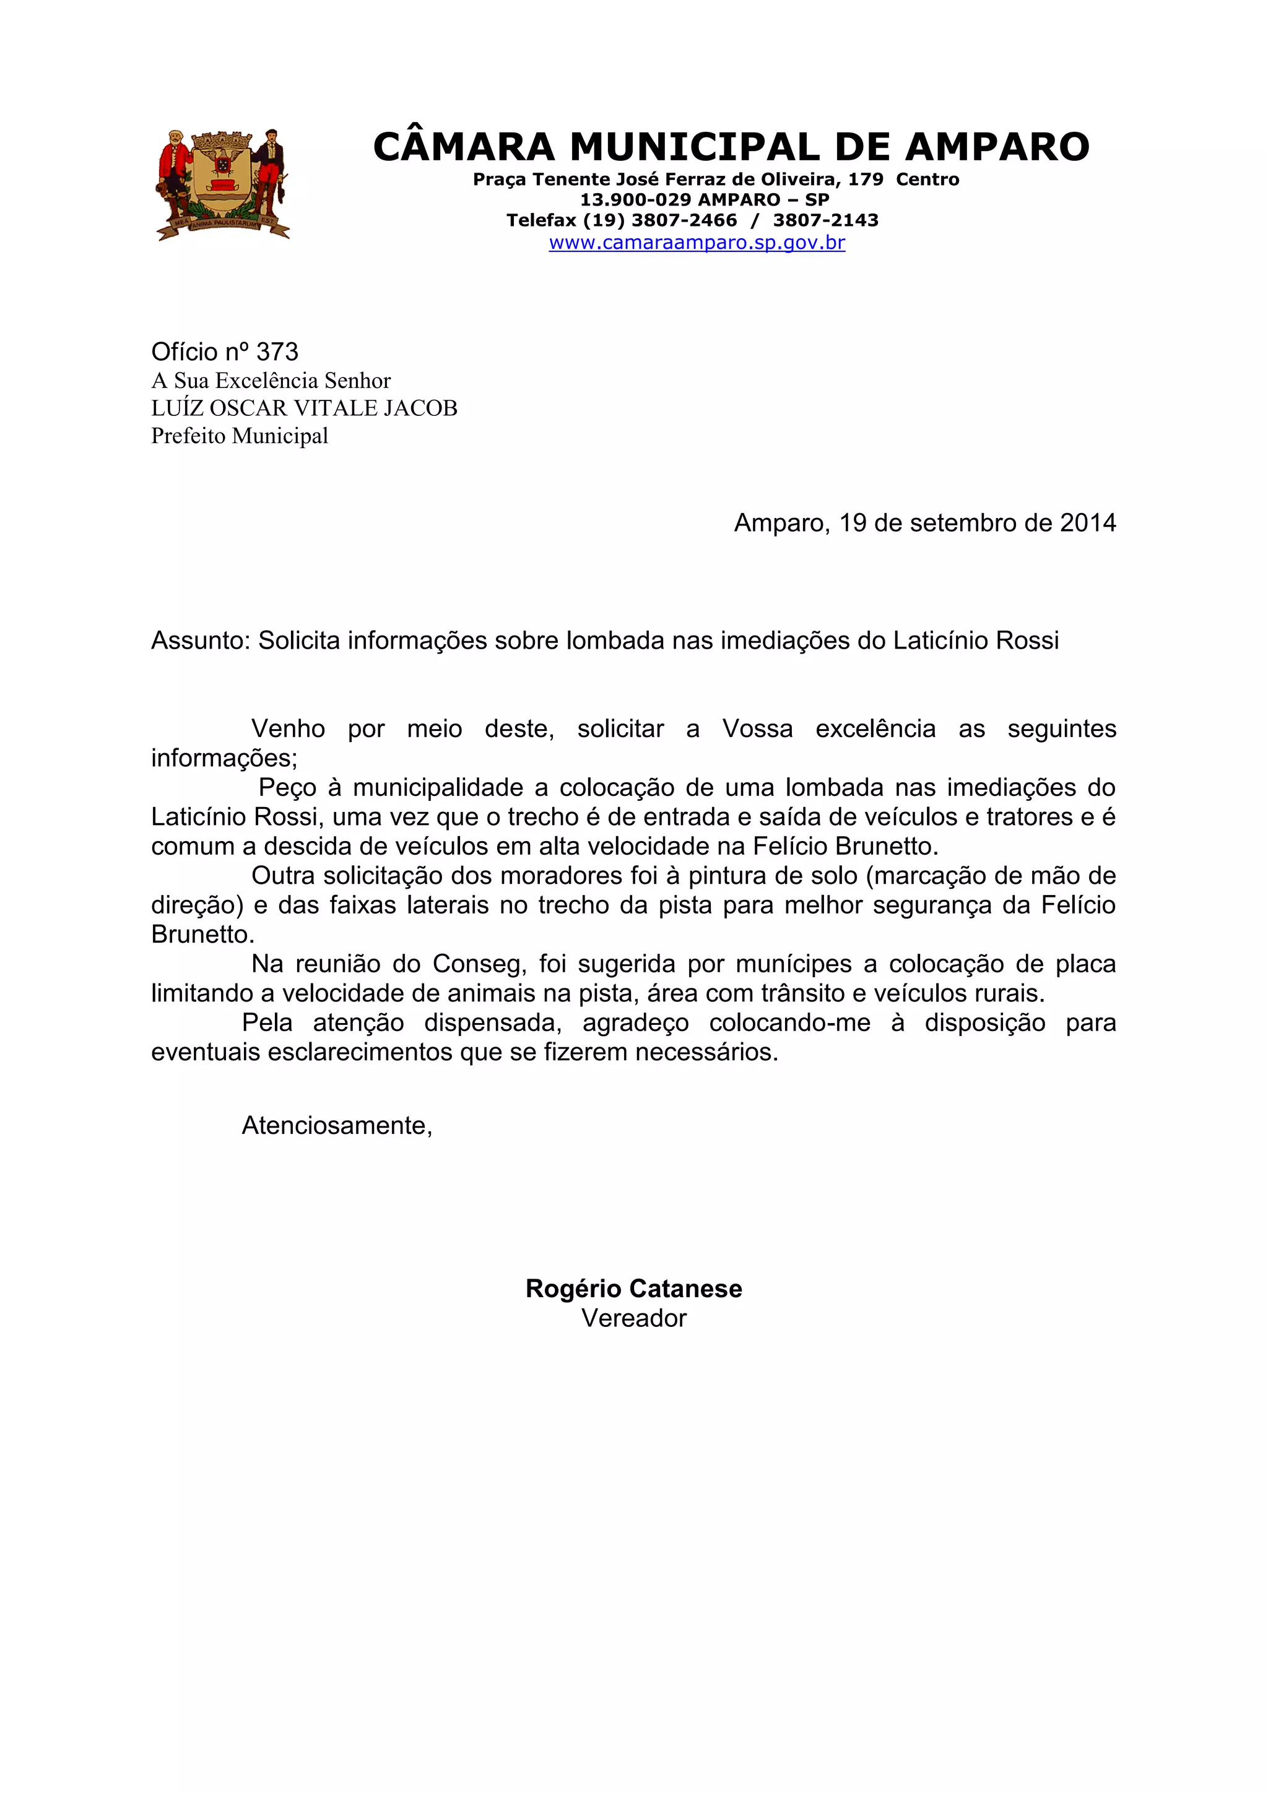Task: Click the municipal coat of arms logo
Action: coord(224,184)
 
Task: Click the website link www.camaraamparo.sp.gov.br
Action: coord(697,242)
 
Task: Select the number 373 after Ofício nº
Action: coord(277,352)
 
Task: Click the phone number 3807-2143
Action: coord(826,220)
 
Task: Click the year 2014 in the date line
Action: coord(1088,523)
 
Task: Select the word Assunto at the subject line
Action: coord(199,641)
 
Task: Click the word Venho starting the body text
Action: coord(287,728)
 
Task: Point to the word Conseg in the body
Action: coord(477,964)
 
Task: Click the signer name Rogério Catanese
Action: coord(633,1289)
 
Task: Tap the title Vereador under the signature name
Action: coord(633,1318)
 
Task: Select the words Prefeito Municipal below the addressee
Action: coord(240,436)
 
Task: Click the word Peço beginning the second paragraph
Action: coord(287,787)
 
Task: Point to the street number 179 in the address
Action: coord(865,179)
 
